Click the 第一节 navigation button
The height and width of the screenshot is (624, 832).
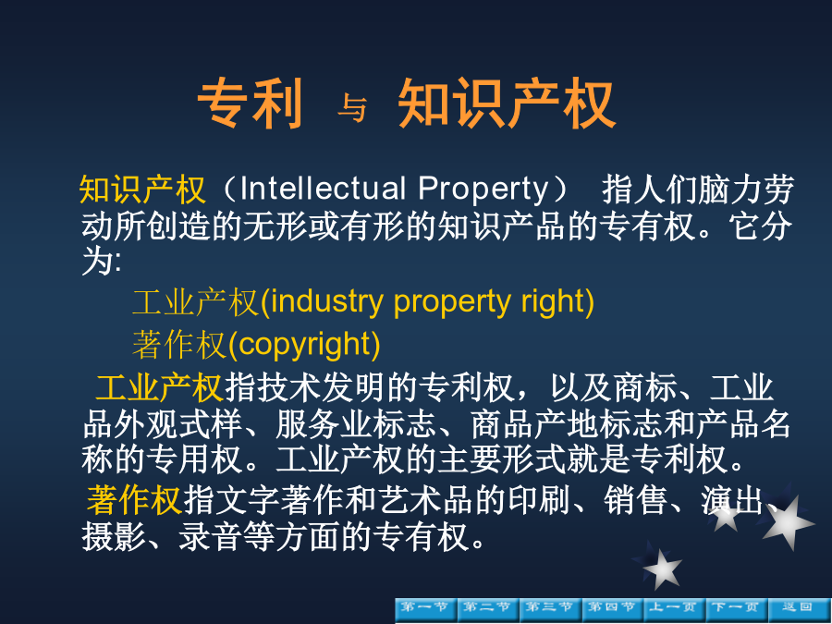click(426, 610)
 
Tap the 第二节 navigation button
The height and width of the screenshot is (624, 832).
click(488, 610)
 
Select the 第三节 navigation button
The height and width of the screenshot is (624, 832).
click(550, 610)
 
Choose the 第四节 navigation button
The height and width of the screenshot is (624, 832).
click(612, 610)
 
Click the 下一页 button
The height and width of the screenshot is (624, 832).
click(737, 610)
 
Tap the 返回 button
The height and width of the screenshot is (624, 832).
click(799, 610)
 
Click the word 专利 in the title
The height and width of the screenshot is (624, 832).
click(251, 103)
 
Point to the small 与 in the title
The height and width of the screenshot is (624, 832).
click(352, 108)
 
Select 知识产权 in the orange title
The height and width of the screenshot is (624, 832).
click(507, 103)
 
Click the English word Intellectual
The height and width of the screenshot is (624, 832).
click(324, 189)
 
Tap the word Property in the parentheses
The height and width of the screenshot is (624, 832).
click(483, 190)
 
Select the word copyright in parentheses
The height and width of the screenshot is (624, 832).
click(304, 345)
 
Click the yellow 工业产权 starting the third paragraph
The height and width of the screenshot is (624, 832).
click(159, 387)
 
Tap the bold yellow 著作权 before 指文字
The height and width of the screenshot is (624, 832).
click(135, 500)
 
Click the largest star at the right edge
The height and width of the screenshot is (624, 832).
click(788, 523)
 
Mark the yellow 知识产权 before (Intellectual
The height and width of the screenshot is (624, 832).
click(142, 190)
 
